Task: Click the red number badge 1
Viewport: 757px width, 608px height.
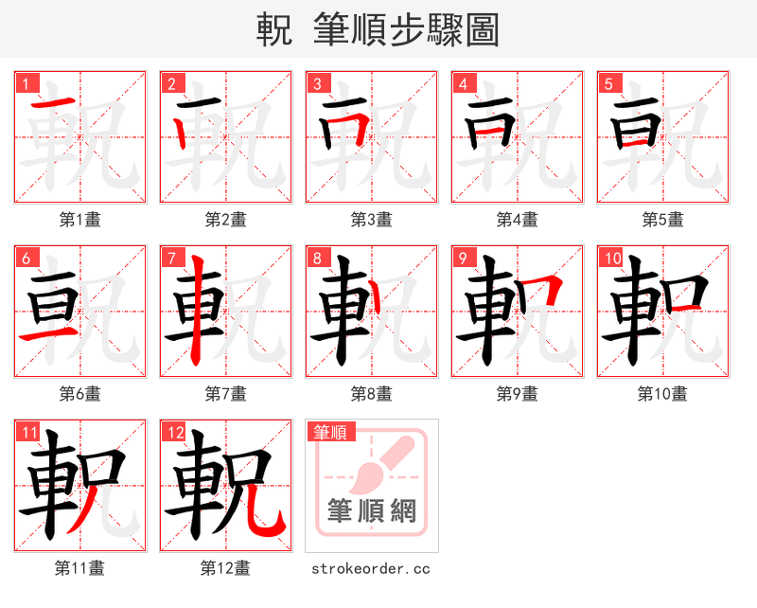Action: (25, 83)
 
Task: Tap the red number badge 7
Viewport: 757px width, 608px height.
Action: (170, 258)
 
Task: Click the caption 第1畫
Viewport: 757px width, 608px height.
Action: (80, 220)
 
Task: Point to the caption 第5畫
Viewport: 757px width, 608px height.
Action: (662, 220)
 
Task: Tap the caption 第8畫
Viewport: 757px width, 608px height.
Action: (371, 394)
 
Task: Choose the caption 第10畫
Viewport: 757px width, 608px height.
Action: (662, 394)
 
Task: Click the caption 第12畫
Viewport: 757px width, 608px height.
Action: (225, 568)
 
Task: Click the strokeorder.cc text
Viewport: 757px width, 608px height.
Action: (371, 568)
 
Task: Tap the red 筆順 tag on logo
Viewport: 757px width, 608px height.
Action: (330, 432)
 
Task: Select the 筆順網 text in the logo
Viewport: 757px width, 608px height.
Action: (372, 511)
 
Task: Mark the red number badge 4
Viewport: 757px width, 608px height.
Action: (462, 83)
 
